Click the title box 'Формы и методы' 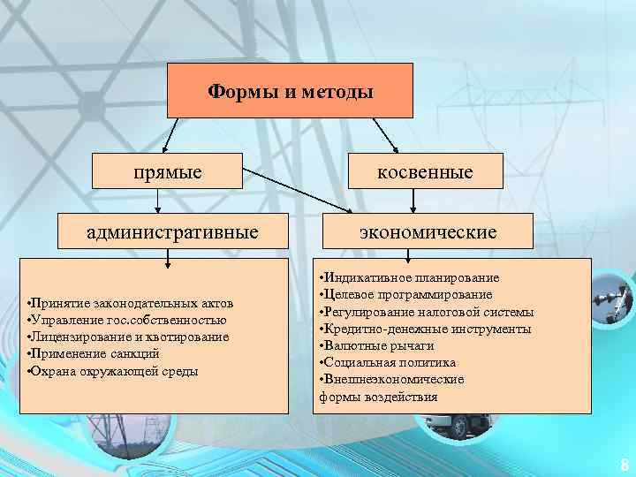pyautogui.click(x=291, y=91)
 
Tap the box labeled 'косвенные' pyautogui.click(x=427, y=171)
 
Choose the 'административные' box pyautogui.click(x=172, y=232)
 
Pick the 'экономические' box pyautogui.click(x=427, y=232)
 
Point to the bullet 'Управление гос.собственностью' pyautogui.click(x=127, y=320)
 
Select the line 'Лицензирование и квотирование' pyautogui.click(x=128, y=337)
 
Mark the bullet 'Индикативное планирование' pyautogui.click(x=410, y=278)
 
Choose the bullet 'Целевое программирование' pyautogui.click(x=406, y=295)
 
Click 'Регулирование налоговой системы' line pyautogui.click(x=427, y=312)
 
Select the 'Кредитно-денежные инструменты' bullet pyautogui.click(x=425, y=329)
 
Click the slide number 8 pyautogui.click(x=624, y=464)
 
